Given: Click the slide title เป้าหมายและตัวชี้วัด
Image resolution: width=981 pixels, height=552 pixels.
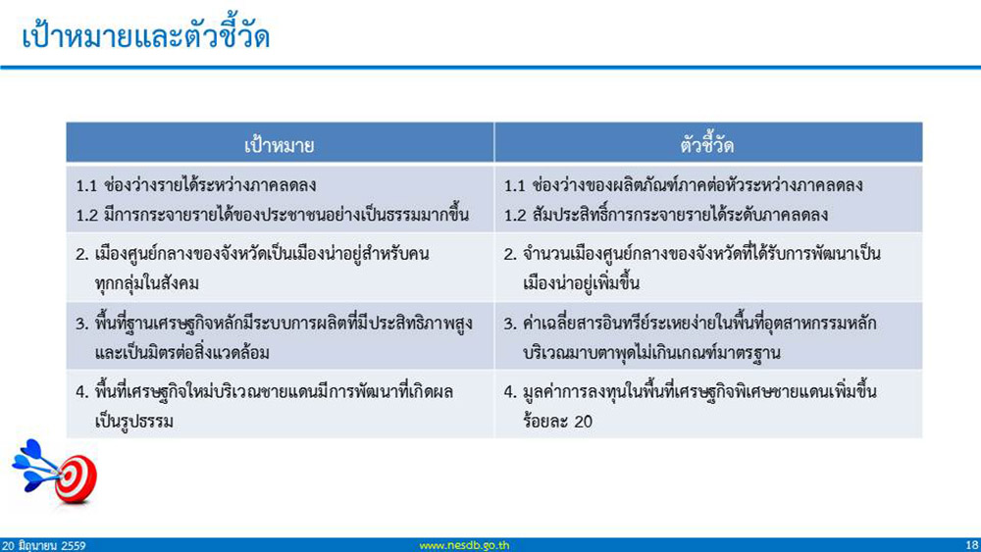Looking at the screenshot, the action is (x=146, y=36).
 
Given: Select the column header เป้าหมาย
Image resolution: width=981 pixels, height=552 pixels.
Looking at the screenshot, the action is (x=279, y=145).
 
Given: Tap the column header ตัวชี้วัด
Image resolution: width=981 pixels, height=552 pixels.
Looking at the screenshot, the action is (x=707, y=144).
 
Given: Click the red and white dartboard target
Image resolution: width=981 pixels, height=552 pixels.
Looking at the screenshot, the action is (x=76, y=479).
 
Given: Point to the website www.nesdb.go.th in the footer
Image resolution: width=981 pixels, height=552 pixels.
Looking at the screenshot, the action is (x=464, y=545).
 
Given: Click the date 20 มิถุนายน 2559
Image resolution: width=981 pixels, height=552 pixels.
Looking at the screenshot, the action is (x=43, y=545).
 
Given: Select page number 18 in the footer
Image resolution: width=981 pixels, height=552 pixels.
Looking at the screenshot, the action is (x=971, y=545).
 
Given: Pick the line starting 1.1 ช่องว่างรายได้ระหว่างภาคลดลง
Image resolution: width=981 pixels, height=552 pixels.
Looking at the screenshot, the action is (x=196, y=185).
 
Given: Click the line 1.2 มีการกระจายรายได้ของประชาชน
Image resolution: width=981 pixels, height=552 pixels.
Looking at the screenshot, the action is (x=272, y=215).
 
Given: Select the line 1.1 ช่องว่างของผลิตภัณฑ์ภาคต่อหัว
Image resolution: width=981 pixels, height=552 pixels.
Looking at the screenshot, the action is (x=684, y=185).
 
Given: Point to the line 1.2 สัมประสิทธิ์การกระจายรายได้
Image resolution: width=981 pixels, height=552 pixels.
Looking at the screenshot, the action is (x=666, y=215).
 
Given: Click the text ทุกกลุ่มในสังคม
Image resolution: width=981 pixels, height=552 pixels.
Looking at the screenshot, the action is (x=147, y=283).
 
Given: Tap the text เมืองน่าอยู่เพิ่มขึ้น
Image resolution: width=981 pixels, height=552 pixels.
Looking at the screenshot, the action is (x=581, y=283).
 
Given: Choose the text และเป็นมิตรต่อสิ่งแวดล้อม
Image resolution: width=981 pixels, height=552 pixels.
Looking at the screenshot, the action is (x=182, y=353).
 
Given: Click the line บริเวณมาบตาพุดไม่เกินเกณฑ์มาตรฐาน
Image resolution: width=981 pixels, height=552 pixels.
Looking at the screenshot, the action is (x=652, y=353).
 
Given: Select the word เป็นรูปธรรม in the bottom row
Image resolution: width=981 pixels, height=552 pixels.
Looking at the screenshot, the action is (x=133, y=422).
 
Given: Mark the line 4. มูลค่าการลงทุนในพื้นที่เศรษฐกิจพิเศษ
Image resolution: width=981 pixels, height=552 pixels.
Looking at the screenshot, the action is (x=690, y=392).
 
